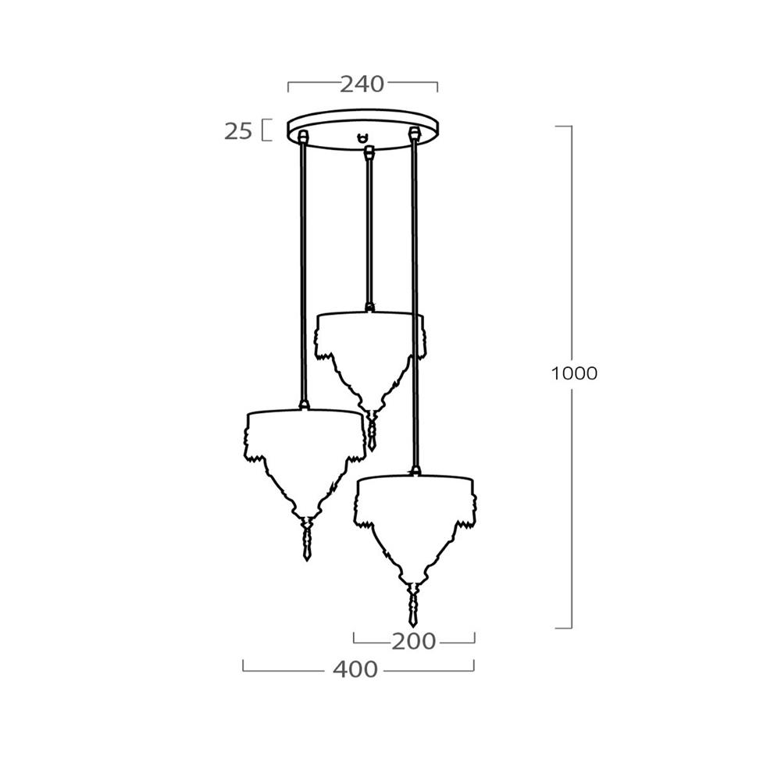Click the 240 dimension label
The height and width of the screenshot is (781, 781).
click(x=362, y=84)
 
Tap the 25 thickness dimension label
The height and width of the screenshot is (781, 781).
click(x=238, y=131)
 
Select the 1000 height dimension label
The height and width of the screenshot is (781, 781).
click(x=574, y=373)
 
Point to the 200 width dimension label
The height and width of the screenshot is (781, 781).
click(x=413, y=641)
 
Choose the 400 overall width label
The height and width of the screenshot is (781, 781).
click(x=355, y=670)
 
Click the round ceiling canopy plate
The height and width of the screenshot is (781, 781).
click(x=363, y=118)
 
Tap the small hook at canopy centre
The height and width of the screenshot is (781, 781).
click(x=364, y=137)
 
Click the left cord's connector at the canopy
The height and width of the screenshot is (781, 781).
click(x=301, y=137)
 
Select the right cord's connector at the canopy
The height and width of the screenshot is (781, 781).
click(x=413, y=134)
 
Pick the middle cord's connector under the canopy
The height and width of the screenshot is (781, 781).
click(x=369, y=152)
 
